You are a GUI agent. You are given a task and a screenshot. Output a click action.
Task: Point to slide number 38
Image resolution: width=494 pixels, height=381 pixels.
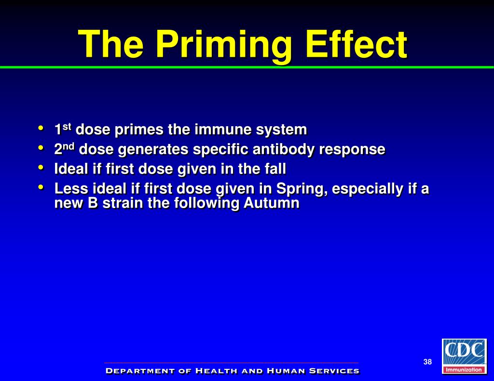pos(427,362)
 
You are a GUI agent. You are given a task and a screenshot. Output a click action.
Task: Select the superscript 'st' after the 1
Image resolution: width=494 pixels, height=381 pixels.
pos(67,127)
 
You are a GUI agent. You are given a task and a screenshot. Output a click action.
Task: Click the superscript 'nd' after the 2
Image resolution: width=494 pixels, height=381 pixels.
pos(69,146)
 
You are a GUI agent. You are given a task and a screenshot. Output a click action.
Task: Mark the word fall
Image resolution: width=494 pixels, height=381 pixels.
pos(275,169)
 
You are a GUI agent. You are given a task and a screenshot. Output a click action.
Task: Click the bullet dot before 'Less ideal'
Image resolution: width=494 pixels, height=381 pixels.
pos(41,187)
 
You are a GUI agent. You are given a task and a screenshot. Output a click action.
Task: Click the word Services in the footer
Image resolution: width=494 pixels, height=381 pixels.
pos(334,371)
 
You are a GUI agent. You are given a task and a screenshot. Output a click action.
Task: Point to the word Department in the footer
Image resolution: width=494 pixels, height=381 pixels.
pos(133,371)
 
